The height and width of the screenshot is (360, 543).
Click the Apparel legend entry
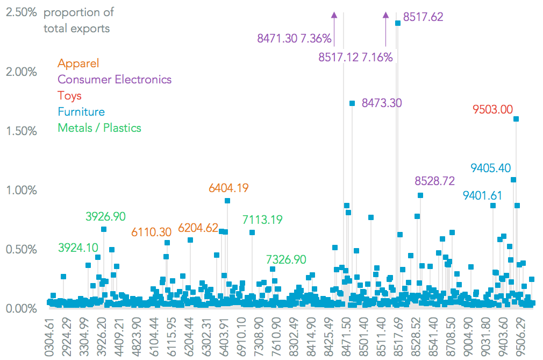click(x=78, y=63)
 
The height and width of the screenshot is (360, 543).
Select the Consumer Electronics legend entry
click(x=115, y=80)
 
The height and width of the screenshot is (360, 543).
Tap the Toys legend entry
click(x=69, y=96)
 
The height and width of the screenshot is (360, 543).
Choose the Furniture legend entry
click(x=81, y=112)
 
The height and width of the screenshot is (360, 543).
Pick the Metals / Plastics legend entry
click(x=99, y=128)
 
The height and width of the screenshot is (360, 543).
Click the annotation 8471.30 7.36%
click(x=294, y=38)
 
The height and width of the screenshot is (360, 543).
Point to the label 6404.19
click(x=228, y=188)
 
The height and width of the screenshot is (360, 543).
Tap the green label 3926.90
click(x=105, y=216)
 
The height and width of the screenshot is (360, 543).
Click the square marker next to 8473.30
click(x=352, y=103)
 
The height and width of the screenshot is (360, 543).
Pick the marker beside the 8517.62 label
click(x=398, y=23)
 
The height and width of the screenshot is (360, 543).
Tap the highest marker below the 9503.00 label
click(x=516, y=119)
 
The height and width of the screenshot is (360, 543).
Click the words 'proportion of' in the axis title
click(x=78, y=12)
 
